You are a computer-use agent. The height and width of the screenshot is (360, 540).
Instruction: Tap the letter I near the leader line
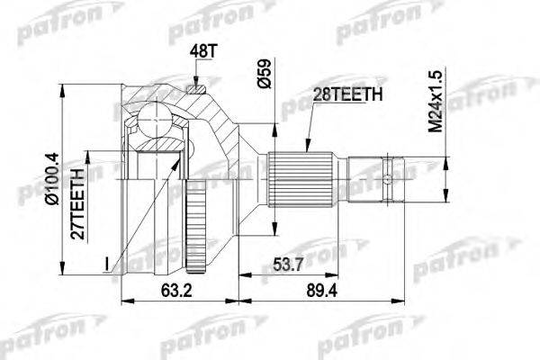point(106,263)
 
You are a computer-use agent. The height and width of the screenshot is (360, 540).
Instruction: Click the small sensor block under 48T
point(198,87)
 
